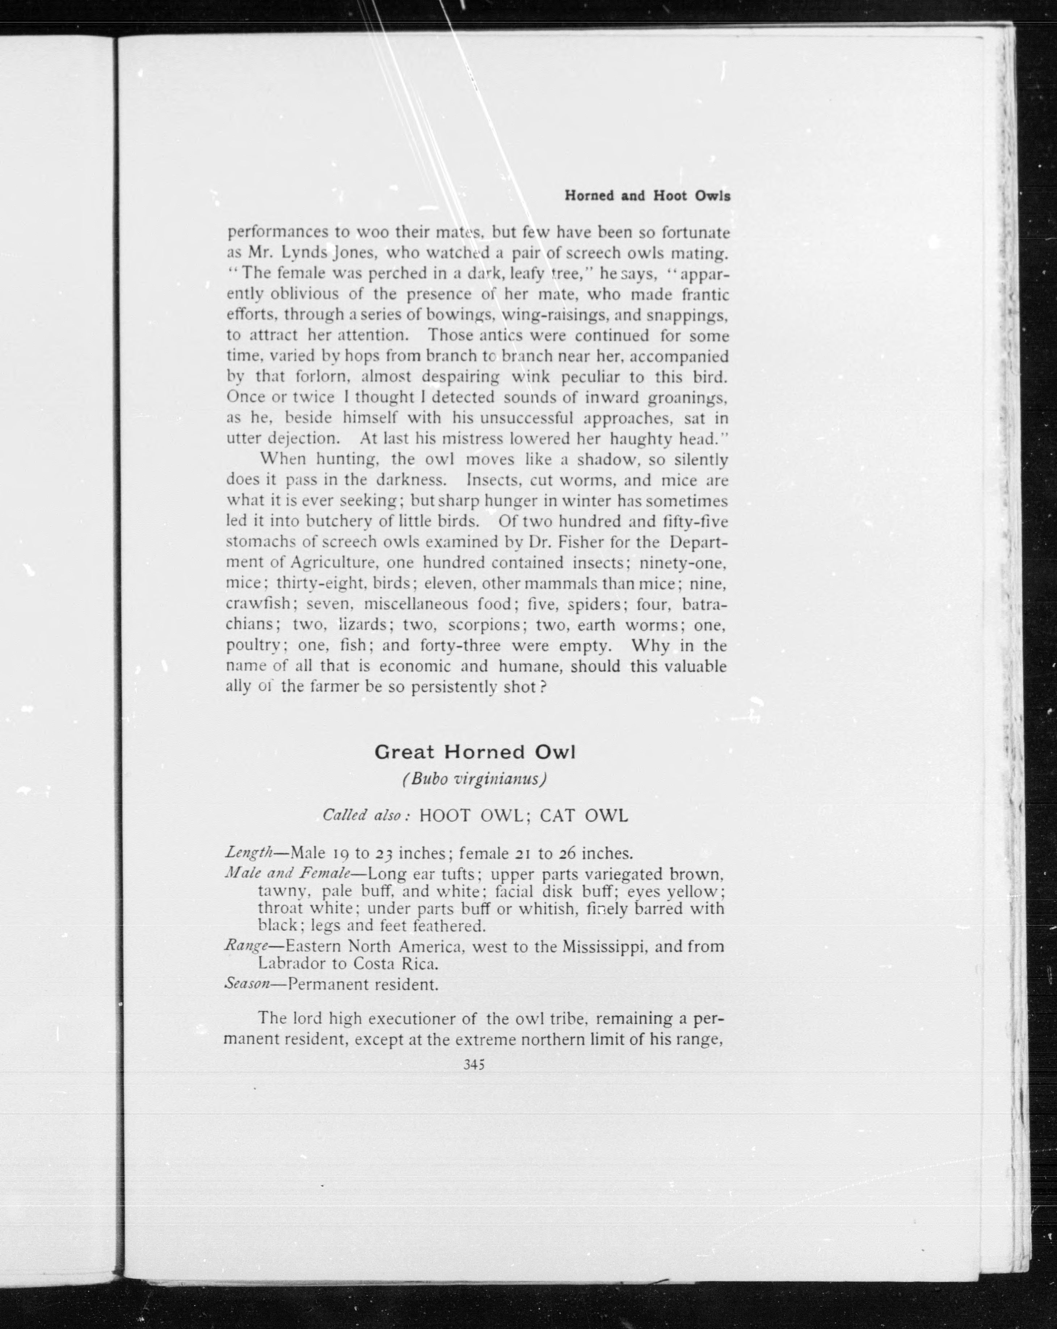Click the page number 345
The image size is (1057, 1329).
coord(474,1064)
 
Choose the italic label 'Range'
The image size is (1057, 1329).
coord(245,946)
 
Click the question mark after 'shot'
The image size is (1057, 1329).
coord(543,686)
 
